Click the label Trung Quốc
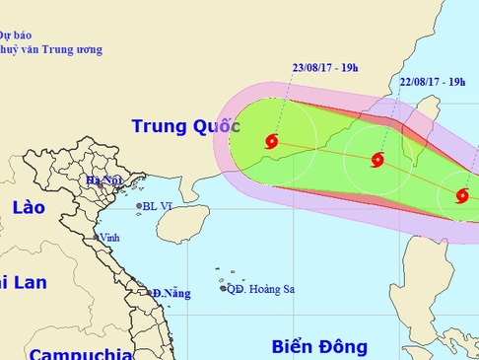(x=186, y=126)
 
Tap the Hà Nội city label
(x=103, y=180)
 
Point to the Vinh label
(x=109, y=238)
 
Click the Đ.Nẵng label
(x=171, y=293)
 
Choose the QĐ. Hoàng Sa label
(x=260, y=289)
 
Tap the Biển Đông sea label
(x=319, y=346)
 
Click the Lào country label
(x=30, y=207)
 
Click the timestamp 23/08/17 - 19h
(x=324, y=68)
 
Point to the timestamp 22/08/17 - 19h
(x=434, y=82)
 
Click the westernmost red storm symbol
(x=272, y=141)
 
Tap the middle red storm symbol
(x=377, y=160)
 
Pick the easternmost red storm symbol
(x=462, y=195)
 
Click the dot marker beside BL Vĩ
(x=139, y=206)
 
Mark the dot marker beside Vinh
(x=96, y=238)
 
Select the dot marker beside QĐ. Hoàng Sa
(x=223, y=288)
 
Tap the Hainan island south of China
(x=176, y=225)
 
